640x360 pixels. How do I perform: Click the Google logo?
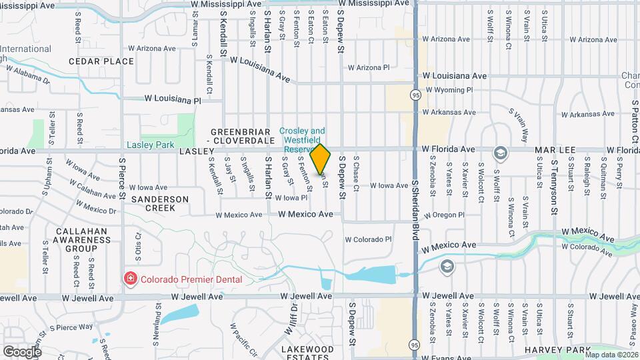[x=23, y=351]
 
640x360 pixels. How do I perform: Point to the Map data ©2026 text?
[x=611, y=354]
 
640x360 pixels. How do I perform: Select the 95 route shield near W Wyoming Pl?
[x=415, y=94]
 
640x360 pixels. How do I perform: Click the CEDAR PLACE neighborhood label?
[x=101, y=61]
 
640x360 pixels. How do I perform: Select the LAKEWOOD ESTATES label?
[x=307, y=353]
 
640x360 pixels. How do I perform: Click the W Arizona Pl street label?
[x=369, y=67]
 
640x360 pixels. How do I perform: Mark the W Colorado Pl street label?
[x=369, y=239]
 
